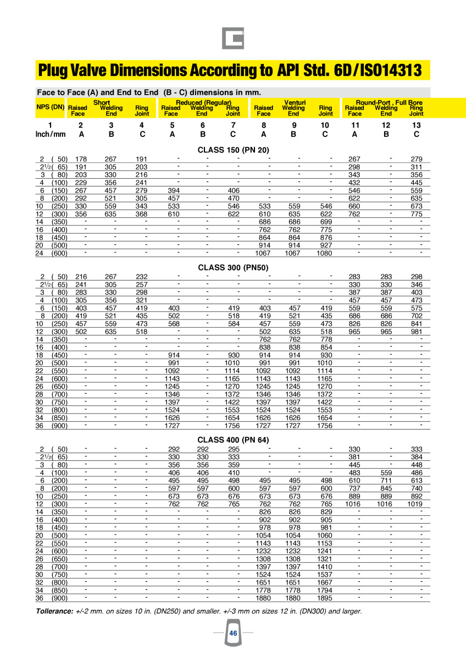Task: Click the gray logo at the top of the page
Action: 233,38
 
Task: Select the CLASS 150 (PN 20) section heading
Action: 232,150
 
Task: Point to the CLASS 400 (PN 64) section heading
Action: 233,439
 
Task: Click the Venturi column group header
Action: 295,103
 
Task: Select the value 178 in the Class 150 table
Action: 81,159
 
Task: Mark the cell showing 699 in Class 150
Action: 326,222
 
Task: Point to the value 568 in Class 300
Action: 173,309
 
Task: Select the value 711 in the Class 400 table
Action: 386,480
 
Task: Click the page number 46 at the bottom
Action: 233,634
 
